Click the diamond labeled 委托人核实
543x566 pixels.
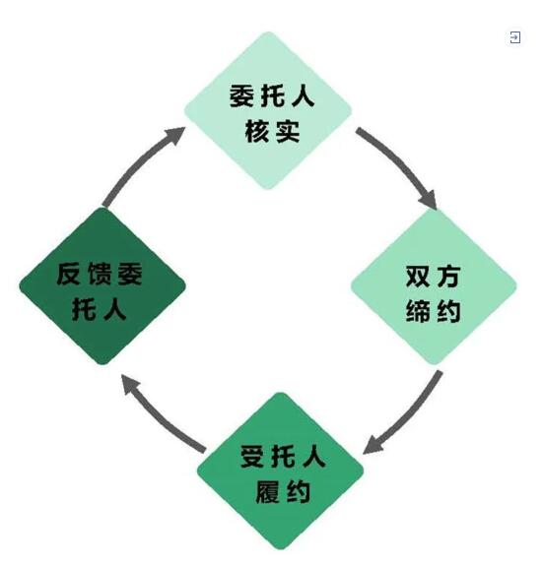point(268,110)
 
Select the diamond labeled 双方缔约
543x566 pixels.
point(434,287)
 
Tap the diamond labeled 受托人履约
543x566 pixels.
point(280,472)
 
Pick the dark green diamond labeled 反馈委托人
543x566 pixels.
point(102,286)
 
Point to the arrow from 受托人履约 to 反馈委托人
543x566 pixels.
point(156,419)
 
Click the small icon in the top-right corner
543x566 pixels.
point(514,37)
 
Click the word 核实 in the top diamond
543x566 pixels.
point(272,132)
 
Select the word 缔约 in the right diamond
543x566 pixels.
point(434,310)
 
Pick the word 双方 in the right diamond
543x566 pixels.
point(434,277)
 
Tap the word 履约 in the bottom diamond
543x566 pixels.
point(283,491)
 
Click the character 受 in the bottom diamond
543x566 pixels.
point(252,457)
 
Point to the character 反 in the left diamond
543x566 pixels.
point(68,274)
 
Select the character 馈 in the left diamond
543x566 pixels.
point(99,274)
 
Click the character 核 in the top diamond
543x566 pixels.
point(257,132)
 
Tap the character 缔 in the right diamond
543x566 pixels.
point(418,310)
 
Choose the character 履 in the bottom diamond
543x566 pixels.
point(267,491)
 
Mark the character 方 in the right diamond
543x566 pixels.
point(449,277)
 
